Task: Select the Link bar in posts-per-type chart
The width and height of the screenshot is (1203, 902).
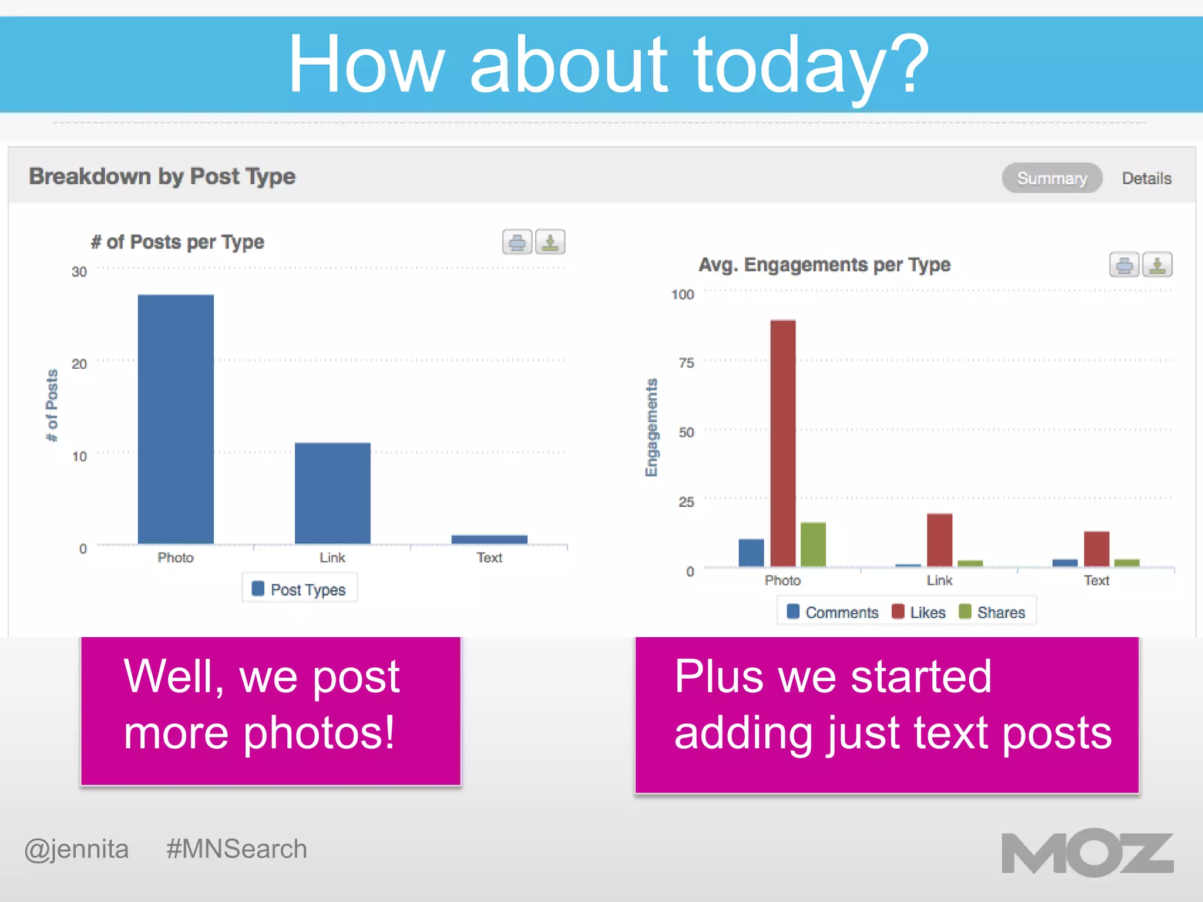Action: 332,493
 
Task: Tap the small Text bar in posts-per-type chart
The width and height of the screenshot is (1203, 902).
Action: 489,539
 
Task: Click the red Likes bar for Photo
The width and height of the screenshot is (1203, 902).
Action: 783,443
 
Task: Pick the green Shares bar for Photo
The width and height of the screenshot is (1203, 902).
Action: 813,544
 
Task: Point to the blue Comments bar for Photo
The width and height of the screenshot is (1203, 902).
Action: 751,553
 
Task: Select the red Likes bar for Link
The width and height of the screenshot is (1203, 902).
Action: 939,540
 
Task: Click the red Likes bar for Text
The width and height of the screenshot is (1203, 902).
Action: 1096,549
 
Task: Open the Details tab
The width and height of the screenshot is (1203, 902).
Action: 1146,179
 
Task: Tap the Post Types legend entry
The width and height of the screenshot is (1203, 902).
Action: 299,590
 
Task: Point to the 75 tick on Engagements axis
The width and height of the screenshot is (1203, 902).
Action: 686,363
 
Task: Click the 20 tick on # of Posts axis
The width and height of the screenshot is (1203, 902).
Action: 79,364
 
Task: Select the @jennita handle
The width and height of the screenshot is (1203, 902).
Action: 76,849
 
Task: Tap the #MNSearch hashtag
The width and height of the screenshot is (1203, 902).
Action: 236,849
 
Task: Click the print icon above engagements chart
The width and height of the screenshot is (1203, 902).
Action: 1124,265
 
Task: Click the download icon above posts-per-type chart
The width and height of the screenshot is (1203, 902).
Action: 550,242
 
